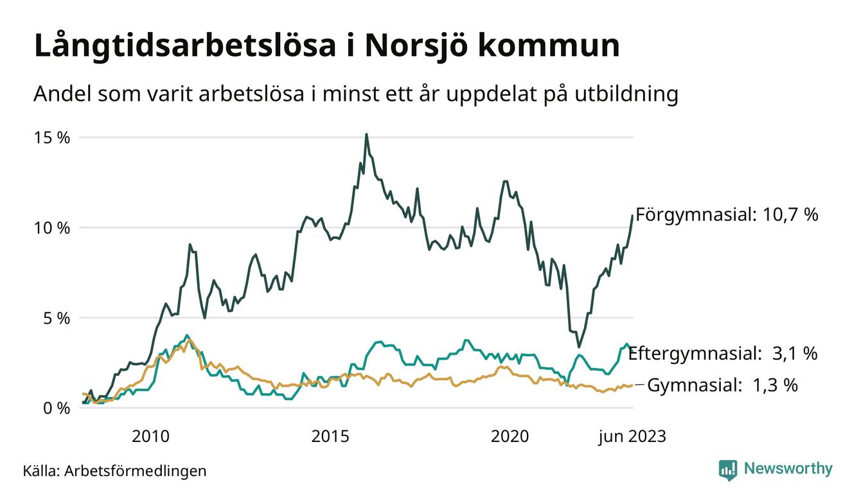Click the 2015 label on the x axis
pos(330,437)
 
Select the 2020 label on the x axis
pos(510,437)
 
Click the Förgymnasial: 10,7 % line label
pos(727,215)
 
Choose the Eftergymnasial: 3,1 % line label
pos(722,353)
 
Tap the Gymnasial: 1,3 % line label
pos(722,385)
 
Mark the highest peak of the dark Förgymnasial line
pos(366,134)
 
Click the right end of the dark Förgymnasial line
pos(632,215)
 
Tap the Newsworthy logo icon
pos(727,470)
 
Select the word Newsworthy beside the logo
pos(788,469)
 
